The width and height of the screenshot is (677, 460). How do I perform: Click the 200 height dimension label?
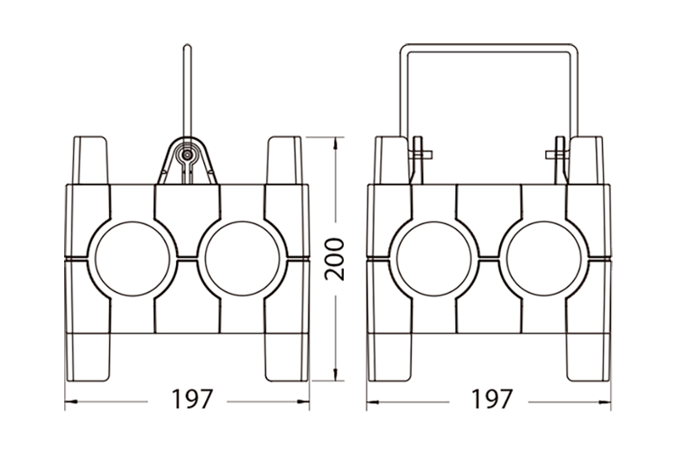335,260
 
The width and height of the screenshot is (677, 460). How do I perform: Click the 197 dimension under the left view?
192,400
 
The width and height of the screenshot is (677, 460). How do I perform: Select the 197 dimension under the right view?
492,400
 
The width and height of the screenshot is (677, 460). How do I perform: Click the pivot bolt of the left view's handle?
187,155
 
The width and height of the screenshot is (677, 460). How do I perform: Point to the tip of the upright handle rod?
187,45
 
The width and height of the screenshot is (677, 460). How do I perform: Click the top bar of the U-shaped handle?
488,49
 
